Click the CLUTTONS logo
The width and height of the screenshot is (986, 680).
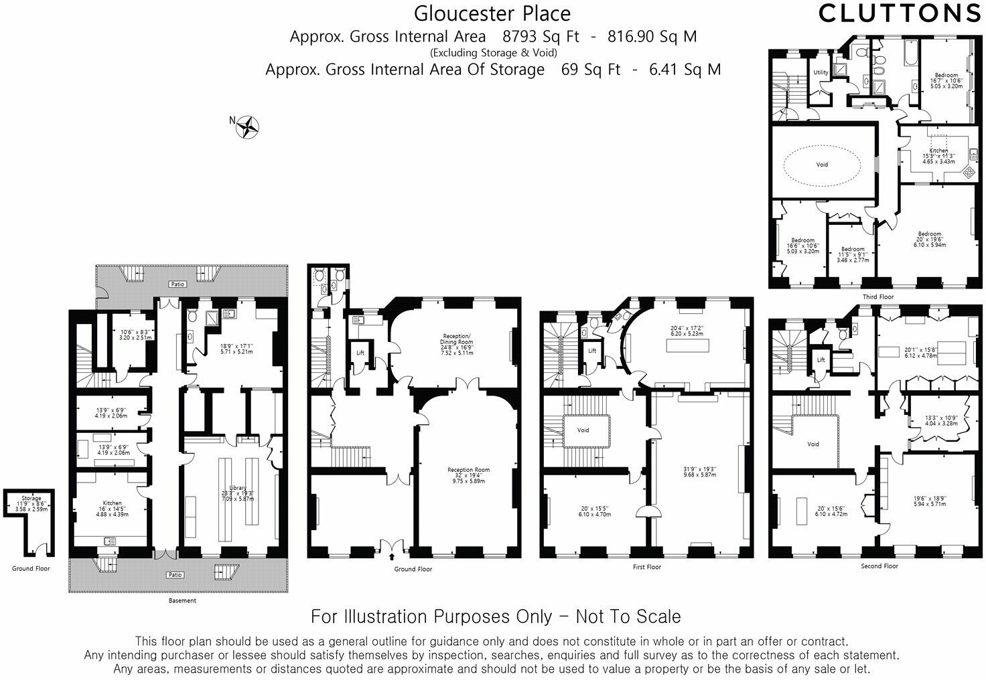pyautogui.click(x=900, y=13)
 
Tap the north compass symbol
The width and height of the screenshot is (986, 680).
pyautogui.click(x=249, y=126)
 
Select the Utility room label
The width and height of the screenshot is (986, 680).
pyautogui.click(x=821, y=72)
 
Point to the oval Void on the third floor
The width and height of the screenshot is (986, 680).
pyautogui.click(x=823, y=164)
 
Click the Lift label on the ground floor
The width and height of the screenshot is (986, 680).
pyautogui.click(x=360, y=353)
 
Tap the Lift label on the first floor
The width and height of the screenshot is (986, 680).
pyautogui.click(x=592, y=351)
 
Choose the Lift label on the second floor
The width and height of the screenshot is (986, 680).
pyautogui.click(x=821, y=360)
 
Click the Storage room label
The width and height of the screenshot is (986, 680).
pyautogui.click(x=31, y=499)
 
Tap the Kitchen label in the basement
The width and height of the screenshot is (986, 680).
pyautogui.click(x=112, y=503)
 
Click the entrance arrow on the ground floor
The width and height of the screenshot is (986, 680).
pyautogui.click(x=392, y=555)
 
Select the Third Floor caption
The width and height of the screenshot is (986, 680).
pyautogui.click(x=878, y=296)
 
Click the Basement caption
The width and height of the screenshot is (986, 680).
pyautogui.click(x=182, y=600)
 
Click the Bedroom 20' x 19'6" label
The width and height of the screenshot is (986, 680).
pyautogui.click(x=930, y=234)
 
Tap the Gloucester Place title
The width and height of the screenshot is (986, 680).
pyautogui.click(x=492, y=13)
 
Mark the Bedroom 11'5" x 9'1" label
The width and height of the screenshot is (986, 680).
pyautogui.click(x=853, y=249)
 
